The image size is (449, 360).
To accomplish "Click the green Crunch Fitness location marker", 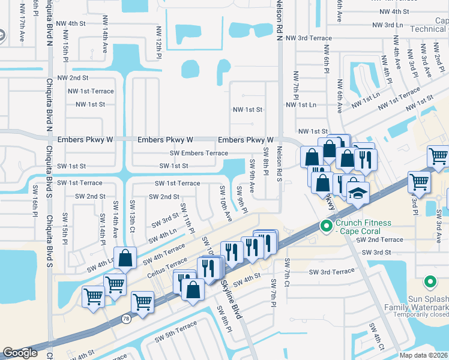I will (326, 226).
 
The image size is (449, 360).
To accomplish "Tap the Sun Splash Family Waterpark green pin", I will (430, 281).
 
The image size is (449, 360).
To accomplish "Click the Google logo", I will (20, 353).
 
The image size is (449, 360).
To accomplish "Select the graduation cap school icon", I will (358, 194).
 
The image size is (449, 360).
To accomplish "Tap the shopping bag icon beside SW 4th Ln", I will (125, 258).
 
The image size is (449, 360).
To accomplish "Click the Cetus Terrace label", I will (166, 266).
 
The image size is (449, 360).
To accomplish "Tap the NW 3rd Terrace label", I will (309, 38).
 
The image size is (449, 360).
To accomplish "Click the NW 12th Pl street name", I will (160, 43).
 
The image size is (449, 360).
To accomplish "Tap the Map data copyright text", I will (423, 355).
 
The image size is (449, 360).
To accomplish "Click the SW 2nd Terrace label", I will (379, 239).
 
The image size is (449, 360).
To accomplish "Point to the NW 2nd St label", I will (73, 78).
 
